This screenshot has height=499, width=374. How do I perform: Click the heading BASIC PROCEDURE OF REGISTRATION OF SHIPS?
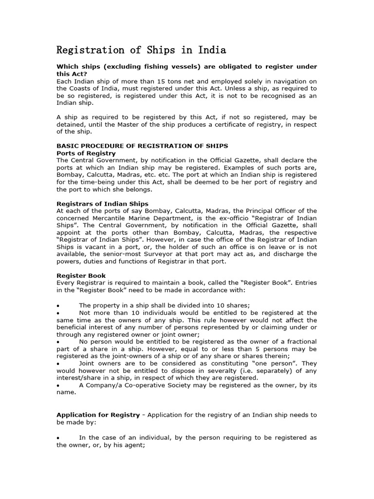coord(142,146)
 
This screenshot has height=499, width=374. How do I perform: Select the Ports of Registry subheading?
coord(86,153)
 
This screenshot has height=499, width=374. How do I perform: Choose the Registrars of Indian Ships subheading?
coord(102,203)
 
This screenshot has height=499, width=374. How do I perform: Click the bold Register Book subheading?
coord(81,275)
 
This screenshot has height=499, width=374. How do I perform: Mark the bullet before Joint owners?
coord(58,363)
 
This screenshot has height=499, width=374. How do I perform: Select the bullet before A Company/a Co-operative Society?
coord(58,385)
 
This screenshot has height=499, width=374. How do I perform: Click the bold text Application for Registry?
coord(97,415)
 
